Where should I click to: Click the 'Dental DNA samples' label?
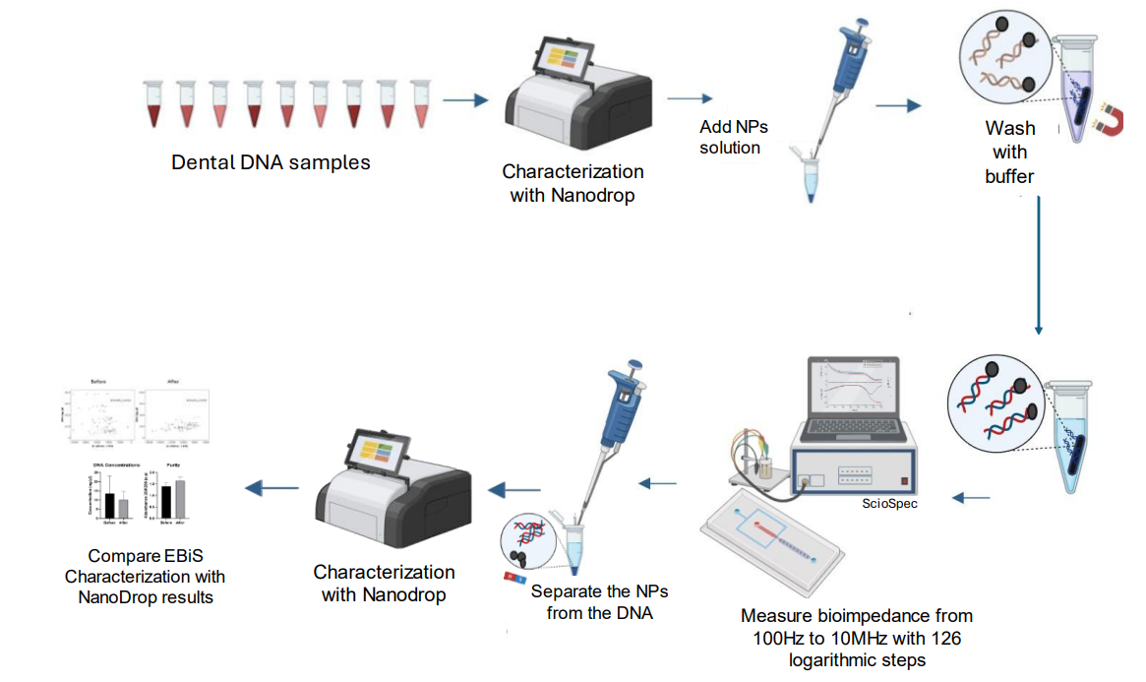click(x=271, y=162)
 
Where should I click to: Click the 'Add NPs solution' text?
click(x=733, y=138)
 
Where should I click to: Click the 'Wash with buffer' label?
click(x=1010, y=153)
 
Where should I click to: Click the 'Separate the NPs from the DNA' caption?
click(x=592, y=602)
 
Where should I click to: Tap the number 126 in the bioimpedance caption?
click(x=942, y=638)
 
